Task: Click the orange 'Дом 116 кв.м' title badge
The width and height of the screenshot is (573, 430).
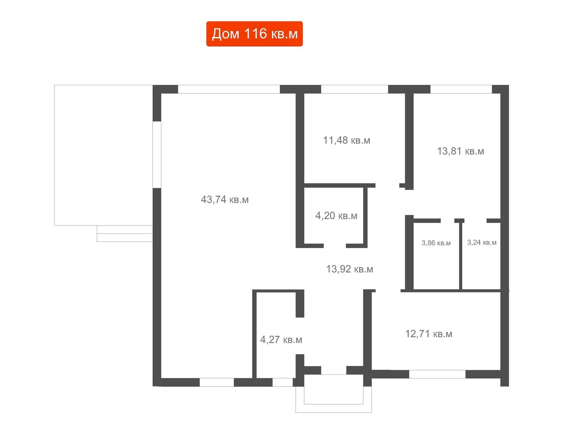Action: [254, 34]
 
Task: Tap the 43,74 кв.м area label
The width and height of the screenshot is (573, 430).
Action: [225, 200]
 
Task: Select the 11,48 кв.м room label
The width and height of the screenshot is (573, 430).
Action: [346, 140]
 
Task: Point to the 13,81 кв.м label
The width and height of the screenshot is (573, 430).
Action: [461, 151]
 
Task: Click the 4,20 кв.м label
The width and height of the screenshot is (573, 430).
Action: [336, 215]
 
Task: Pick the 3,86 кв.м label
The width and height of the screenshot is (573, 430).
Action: [436, 243]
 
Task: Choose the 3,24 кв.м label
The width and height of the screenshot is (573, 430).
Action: [482, 242]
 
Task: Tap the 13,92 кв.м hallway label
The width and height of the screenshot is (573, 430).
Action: [350, 269]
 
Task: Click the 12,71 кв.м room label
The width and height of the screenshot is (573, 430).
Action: [429, 334]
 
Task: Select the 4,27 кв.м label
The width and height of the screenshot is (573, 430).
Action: [281, 339]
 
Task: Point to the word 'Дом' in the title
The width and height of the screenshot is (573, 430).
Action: [226, 34]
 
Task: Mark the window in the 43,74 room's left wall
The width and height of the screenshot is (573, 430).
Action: [157, 154]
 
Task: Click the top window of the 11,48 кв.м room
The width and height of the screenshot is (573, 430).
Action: [355, 89]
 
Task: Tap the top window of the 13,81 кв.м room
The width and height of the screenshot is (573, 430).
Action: [461, 89]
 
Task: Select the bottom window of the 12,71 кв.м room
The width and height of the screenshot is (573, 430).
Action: [437, 374]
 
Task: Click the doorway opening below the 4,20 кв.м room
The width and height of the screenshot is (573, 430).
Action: [335, 246]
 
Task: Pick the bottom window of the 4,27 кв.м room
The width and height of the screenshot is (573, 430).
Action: [283, 382]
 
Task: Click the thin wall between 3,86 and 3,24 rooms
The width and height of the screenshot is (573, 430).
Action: [461, 256]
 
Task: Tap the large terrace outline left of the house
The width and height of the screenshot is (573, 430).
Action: [54, 155]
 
